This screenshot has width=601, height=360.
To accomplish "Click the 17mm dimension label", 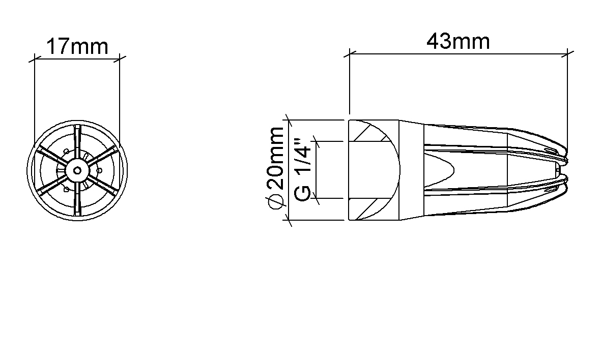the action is [77, 47].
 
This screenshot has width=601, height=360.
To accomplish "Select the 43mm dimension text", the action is [458, 41].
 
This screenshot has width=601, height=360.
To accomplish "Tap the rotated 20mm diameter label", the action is [276, 158].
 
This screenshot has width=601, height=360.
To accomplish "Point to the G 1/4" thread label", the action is [302, 170].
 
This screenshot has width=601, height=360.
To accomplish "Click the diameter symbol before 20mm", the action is [276, 201].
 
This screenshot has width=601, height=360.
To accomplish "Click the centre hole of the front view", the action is [77, 170].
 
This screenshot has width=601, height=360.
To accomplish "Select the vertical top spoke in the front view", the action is [77, 142].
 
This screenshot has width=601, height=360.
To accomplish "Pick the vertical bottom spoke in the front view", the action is [77, 198].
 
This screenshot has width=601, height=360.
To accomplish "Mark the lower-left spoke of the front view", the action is [53, 184].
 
